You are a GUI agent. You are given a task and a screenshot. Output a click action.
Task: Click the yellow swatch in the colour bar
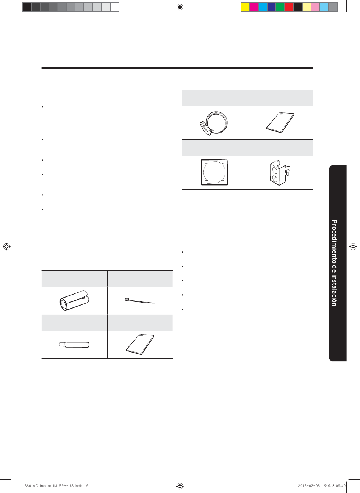[x=245, y=7]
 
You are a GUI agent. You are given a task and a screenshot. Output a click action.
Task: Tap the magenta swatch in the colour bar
[x=254, y=7]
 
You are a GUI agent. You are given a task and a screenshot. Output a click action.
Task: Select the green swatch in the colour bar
[x=280, y=7]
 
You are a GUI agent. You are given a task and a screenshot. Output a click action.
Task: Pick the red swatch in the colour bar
[x=289, y=7]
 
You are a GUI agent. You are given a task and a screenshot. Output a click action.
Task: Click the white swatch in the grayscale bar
[x=114, y=7]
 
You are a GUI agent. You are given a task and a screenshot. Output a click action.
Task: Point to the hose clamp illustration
[x=213, y=123]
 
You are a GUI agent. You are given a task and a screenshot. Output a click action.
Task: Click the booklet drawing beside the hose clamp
[x=280, y=123]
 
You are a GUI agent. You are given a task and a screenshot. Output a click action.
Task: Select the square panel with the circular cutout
[x=214, y=172]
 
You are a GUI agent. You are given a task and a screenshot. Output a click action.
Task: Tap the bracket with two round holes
[x=280, y=173]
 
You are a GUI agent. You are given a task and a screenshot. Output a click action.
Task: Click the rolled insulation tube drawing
[x=74, y=300]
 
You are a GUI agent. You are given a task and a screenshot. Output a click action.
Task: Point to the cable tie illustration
[x=140, y=301]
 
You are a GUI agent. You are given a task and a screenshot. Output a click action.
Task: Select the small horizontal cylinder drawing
[x=74, y=345]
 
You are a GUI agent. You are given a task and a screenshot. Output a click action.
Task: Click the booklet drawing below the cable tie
[x=140, y=345]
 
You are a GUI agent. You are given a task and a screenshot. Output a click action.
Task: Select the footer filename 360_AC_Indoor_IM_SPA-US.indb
[x=53, y=485]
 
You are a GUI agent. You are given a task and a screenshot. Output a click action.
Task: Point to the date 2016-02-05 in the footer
[x=309, y=485]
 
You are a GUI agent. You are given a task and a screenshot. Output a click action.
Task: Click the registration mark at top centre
[x=180, y=7]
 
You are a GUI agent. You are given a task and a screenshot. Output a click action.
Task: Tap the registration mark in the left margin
[x=7, y=246]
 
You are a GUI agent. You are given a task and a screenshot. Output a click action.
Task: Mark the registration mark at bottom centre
[x=180, y=485]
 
